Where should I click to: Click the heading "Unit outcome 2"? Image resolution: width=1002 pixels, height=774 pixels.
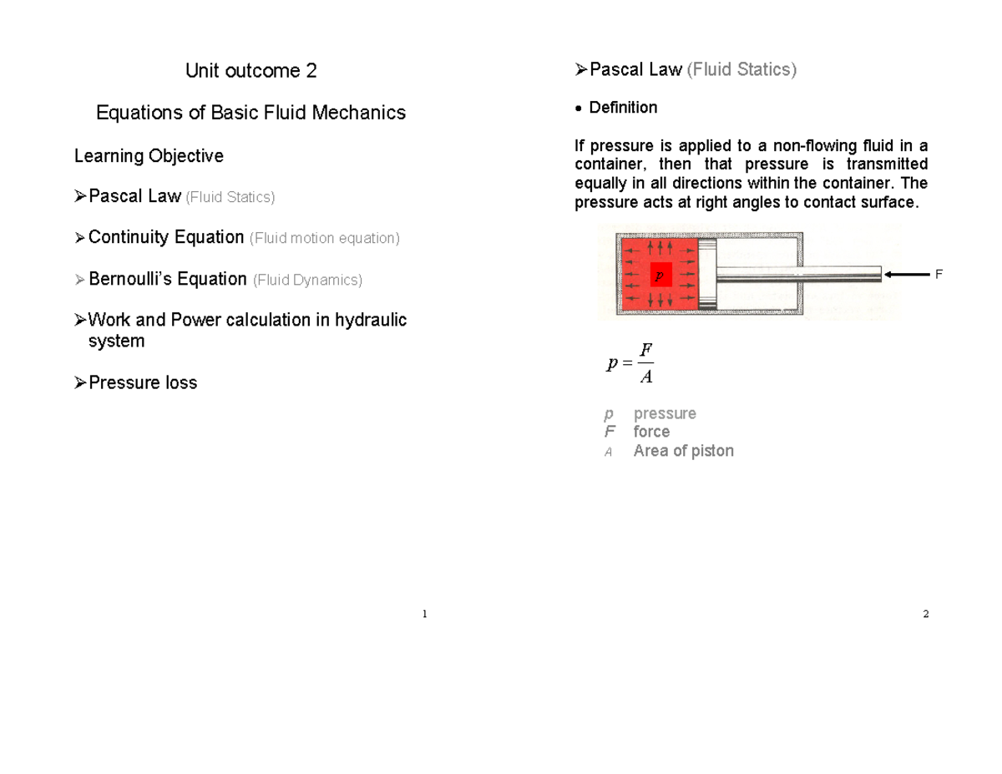pos(250,71)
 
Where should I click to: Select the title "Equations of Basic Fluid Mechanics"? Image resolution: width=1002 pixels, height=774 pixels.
pos(250,113)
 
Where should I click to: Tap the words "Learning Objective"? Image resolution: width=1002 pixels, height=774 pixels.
pos(149,156)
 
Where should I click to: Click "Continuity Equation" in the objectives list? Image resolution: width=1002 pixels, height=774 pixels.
pos(165,238)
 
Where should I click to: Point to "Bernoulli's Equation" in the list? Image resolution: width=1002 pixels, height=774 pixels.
pos(167,279)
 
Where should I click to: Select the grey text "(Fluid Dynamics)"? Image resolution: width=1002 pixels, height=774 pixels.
pos(307,280)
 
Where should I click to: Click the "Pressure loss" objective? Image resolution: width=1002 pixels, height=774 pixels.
pos(142,383)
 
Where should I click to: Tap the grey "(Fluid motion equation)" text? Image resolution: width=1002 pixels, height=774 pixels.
pos(325,239)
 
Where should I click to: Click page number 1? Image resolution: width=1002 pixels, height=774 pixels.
pos(424,615)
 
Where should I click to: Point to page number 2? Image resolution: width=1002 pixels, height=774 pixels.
pos(925,615)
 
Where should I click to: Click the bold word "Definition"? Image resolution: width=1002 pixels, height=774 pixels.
pos(623,108)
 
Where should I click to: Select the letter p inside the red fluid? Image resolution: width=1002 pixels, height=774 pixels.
pos(658,274)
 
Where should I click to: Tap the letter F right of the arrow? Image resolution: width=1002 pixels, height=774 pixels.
pos(938,274)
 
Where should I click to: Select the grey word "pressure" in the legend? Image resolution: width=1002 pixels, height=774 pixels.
pos(665,414)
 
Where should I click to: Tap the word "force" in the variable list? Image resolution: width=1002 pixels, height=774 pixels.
pos(651,432)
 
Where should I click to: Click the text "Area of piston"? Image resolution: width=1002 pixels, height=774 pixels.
pos(683,451)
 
